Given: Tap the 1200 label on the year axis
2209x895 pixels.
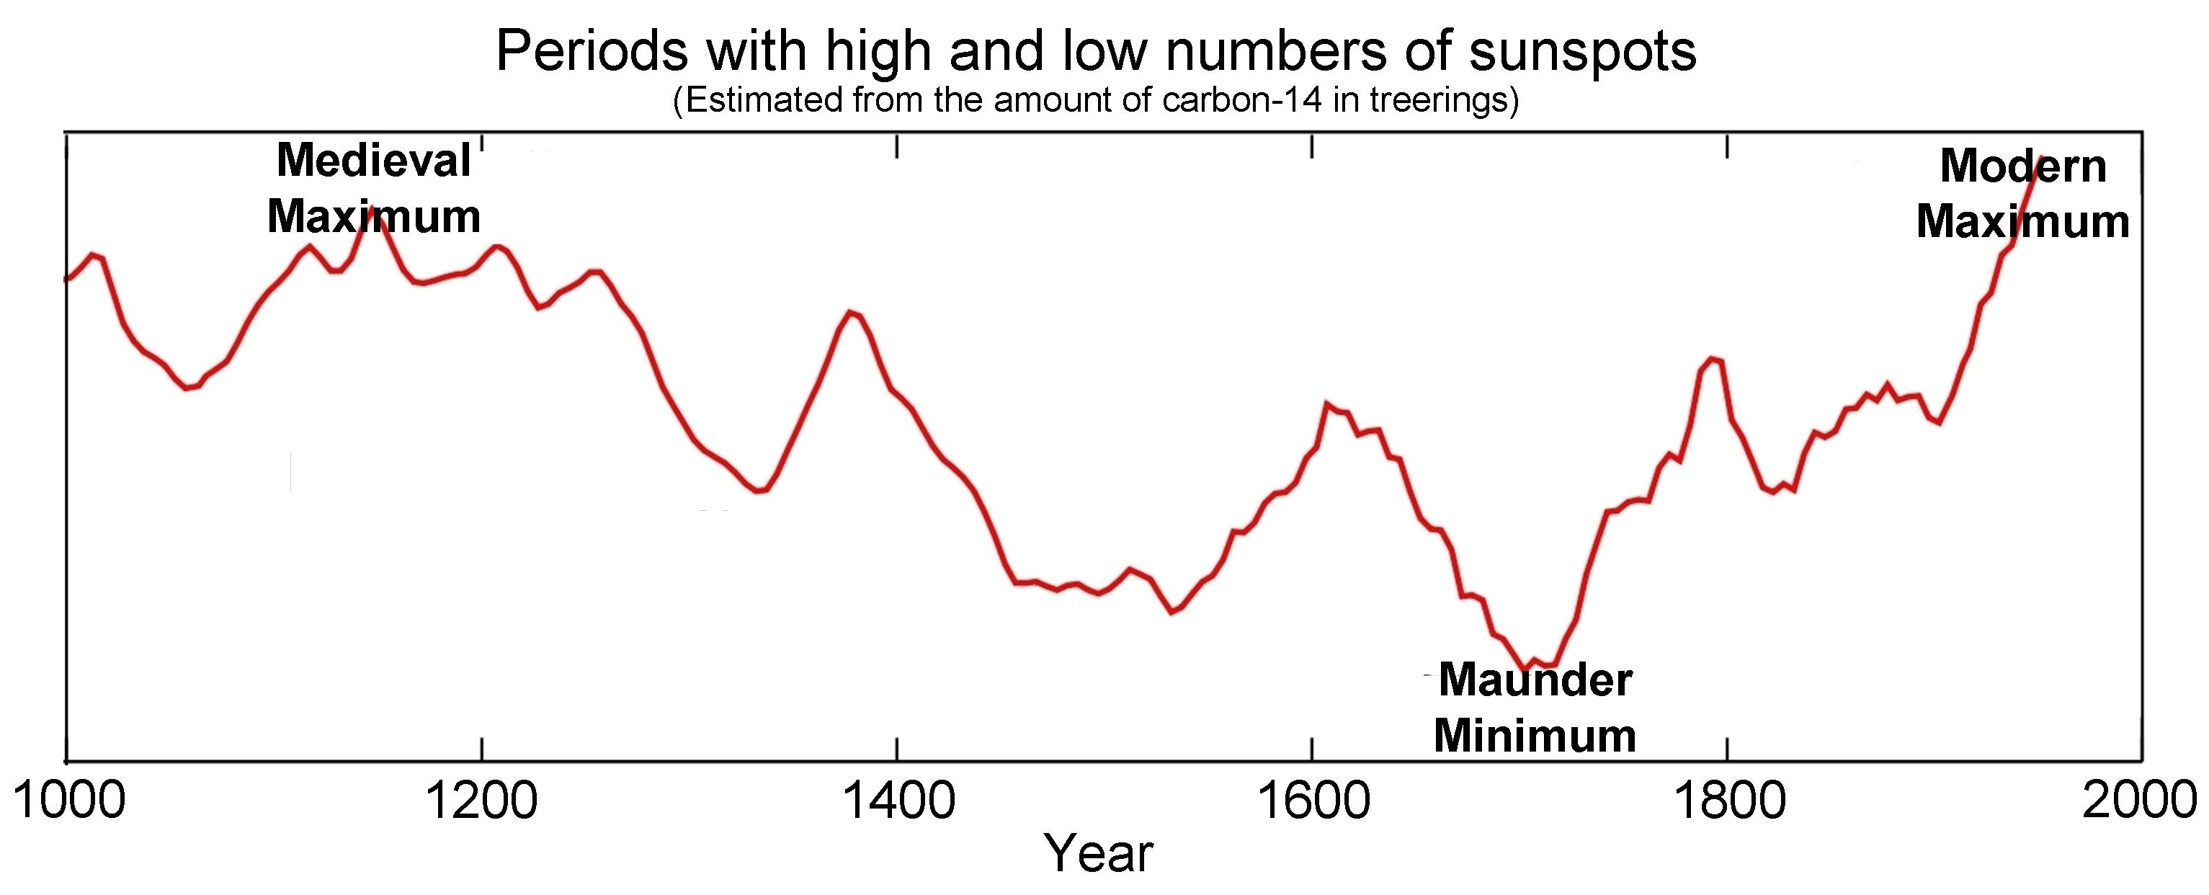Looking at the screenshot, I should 483,801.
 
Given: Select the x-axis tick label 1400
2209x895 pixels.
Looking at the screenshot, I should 898,801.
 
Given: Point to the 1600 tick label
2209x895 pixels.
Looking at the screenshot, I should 1313,801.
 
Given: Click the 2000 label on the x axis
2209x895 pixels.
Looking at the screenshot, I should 2138,801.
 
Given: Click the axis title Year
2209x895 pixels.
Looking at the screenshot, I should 1099,854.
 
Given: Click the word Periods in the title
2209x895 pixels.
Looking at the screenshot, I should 592,51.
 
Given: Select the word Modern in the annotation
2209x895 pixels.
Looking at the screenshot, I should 2023,166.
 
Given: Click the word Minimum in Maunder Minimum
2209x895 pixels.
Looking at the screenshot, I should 1535,736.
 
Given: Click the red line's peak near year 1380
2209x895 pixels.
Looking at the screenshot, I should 851,312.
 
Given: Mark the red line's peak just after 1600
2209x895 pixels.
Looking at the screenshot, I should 1326,403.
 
